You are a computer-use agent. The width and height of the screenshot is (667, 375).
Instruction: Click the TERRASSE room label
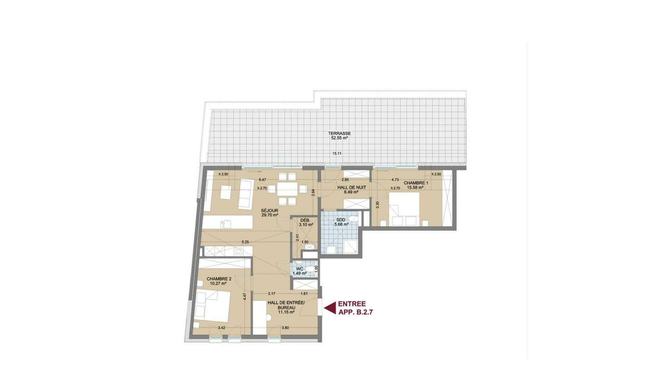point(339,133)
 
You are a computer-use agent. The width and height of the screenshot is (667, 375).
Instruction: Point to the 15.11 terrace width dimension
point(337,153)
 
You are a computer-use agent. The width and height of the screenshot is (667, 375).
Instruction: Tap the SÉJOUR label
point(270,210)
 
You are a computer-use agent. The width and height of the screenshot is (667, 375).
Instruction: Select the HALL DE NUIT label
point(352,187)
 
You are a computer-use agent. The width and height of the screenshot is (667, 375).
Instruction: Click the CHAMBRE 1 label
point(416,183)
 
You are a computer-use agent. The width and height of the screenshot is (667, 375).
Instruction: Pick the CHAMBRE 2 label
point(219,279)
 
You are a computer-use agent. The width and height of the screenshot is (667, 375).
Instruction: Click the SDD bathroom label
point(341,220)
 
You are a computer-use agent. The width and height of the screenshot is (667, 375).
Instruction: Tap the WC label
point(299,269)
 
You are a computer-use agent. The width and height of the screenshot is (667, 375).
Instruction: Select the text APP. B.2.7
point(355,312)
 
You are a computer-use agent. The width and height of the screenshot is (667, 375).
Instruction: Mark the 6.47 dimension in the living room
point(262,180)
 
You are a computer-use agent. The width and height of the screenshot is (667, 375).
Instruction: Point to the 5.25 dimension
point(246,242)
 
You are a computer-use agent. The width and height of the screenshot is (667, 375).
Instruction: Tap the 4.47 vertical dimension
point(245,297)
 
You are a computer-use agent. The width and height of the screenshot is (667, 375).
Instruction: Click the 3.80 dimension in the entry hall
point(285,327)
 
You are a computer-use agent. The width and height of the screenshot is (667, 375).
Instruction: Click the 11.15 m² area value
point(286,312)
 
